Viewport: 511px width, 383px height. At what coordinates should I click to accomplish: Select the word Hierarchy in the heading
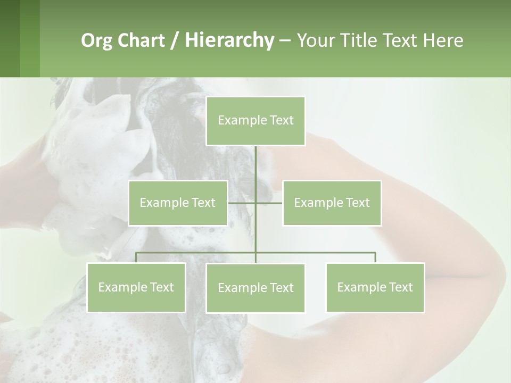tap(229, 40)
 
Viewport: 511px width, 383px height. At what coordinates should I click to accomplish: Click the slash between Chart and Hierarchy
tap(175, 41)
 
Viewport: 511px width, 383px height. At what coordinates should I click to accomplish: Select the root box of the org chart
tap(256, 121)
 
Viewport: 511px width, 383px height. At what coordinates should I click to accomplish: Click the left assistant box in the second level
tap(178, 203)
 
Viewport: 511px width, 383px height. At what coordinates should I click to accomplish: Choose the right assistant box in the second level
tap(332, 203)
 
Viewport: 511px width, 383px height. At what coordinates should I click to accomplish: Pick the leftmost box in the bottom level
tap(136, 287)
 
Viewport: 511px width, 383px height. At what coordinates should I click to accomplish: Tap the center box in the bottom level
tap(256, 288)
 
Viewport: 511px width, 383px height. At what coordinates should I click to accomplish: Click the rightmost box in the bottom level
tap(375, 287)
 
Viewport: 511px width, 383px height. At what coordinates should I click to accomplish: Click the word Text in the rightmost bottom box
tap(400, 287)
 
